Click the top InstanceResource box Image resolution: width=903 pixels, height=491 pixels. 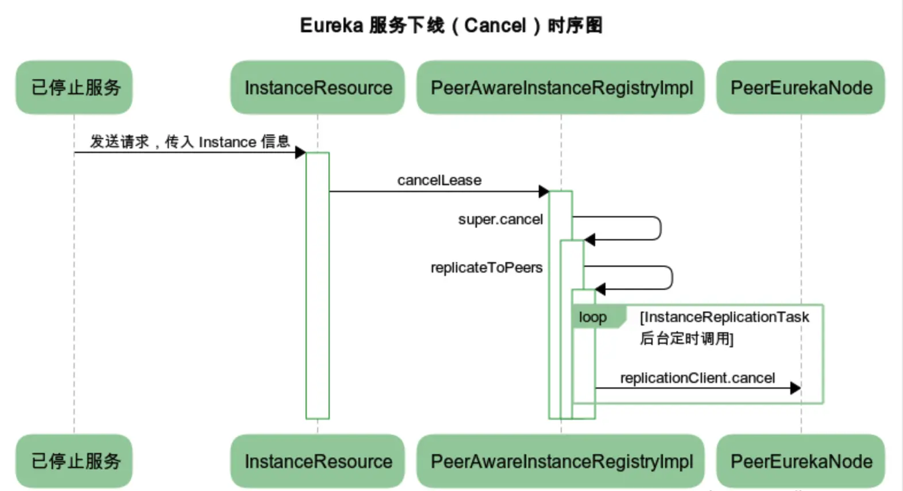point(318,87)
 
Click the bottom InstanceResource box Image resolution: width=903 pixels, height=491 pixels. point(318,461)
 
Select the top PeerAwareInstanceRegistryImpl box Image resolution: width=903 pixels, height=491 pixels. point(561,87)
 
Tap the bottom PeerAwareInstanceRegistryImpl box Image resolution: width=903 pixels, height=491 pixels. point(561,461)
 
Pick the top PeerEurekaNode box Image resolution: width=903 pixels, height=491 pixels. point(801,87)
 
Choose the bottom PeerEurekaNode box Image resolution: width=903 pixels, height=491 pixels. point(801,461)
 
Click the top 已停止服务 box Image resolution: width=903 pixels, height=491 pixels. point(74,87)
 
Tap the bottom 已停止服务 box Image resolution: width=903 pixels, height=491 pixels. point(74,461)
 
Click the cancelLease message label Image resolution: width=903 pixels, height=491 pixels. point(439,180)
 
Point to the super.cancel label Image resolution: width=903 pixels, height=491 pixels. point(500,219)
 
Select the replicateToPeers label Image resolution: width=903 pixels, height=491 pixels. point(486,267)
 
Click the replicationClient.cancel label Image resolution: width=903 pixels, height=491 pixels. point(697,378)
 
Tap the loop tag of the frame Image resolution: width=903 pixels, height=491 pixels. point(593,317)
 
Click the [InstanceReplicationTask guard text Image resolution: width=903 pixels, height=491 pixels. point(724,317)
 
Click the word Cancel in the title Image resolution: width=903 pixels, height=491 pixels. point(495,25)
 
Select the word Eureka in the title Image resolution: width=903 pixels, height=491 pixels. point(331,25)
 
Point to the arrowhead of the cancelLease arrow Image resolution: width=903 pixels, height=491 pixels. point(543,191)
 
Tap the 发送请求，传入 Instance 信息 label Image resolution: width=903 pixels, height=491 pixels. point(190,141)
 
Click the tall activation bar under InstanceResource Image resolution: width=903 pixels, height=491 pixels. point(318,287)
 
